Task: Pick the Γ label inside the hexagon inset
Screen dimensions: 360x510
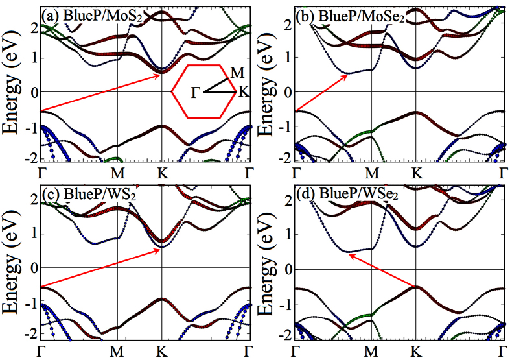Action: point(195,93)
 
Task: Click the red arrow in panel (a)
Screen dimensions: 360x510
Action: point(100,93)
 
